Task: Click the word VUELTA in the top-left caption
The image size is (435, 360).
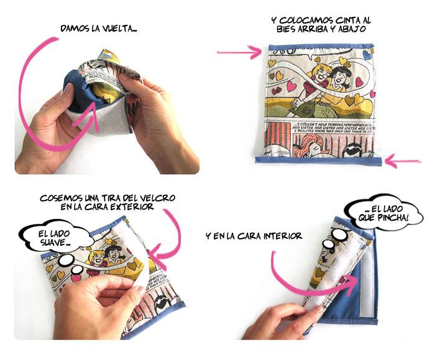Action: pyautogui.click(x=116, y=29)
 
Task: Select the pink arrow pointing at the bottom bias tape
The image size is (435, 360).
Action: pyautogui.click(x=407, y=163)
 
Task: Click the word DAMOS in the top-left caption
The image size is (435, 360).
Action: pyautogui.click(x=75, y=29)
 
